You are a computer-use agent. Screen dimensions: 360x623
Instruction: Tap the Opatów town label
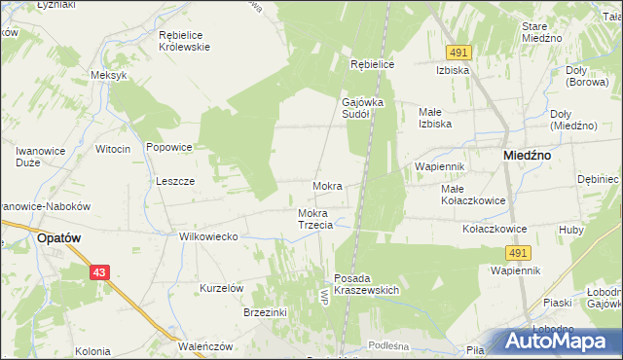coord(57,236)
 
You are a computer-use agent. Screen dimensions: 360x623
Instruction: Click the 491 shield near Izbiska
coord(460,52)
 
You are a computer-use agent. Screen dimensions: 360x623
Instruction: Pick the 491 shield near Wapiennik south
coord(517,253)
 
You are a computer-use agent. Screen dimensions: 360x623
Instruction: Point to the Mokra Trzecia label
coord(315,219)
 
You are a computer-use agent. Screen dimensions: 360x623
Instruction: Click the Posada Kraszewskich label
coord(367,284)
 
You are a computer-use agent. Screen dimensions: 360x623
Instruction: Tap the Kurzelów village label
coord(221,288)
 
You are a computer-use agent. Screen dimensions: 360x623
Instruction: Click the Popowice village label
coord(168,148)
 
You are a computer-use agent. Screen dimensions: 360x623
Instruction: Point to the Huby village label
coord(570,230)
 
